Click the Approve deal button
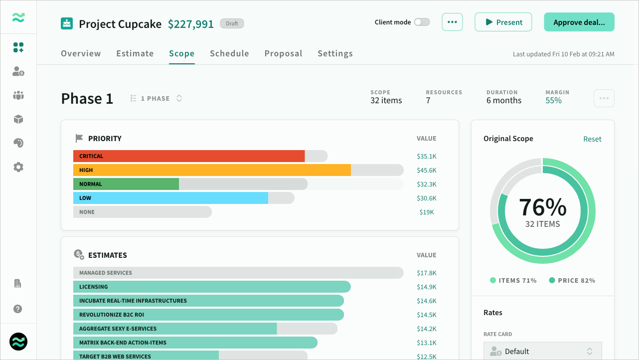[579, 22]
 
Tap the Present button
[503, 22]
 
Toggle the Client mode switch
[422, 22]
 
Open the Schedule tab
[229, 53]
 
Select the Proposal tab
[283, 53]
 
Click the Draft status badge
[232, 23]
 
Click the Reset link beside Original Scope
[592, 139]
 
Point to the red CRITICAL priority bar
[189, 156]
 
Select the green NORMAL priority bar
[126, 184]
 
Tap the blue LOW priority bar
[170, 198]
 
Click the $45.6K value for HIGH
[427, 171]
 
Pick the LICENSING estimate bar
[212, 287]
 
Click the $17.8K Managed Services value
[427, 273]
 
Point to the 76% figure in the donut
[543, 207]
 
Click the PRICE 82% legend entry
[572, 280]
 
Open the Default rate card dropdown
[543, 351]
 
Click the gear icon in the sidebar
[18, 167]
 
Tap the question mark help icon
[17, 309]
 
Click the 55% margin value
[553, 100]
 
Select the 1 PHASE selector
[157, 98]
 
